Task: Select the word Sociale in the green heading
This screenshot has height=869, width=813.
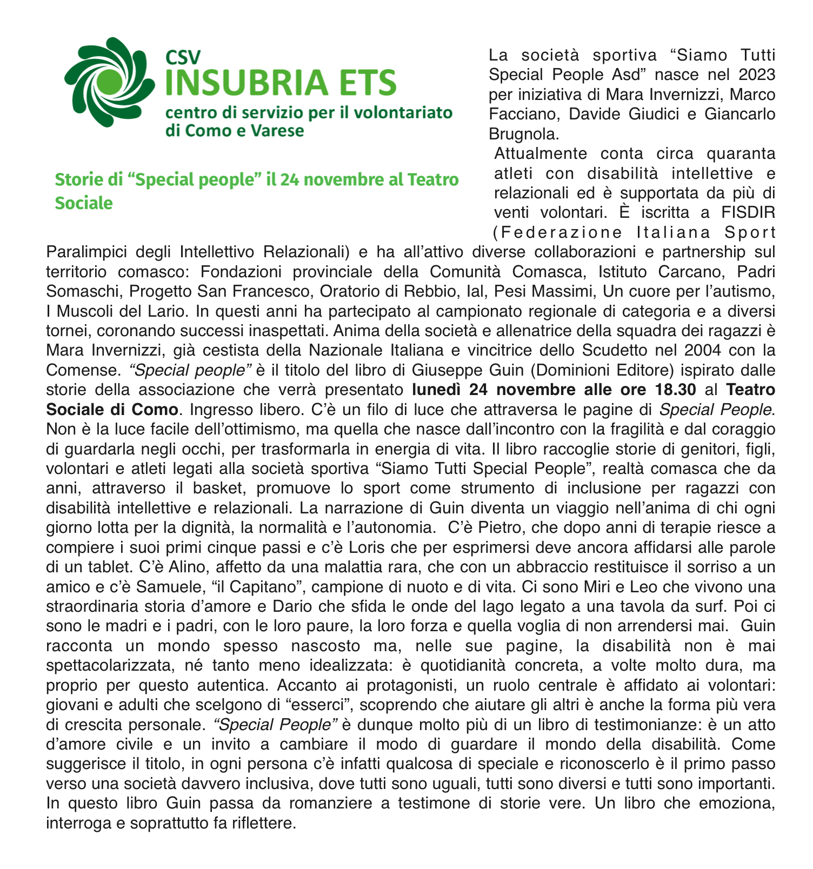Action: (x=84, y=203)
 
